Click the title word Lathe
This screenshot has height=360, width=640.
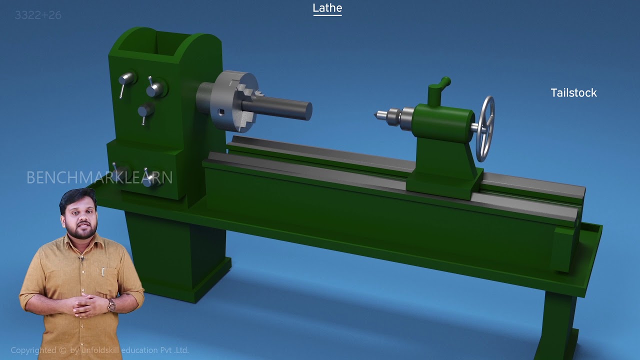coord(327,8)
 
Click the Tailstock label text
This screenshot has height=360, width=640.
coord(573,93)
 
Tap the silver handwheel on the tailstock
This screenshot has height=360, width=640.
coord(485,128)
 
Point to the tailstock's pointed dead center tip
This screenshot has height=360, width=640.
coord(376,115)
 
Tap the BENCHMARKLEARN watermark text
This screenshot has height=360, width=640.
coord(99,177)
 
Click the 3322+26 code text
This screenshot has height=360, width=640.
coord(38,15)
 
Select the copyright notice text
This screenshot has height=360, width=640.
coord(99,350)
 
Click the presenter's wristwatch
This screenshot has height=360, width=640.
coord(111,305)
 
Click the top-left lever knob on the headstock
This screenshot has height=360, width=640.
coord(126,79)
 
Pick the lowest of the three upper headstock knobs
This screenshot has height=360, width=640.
coord(145,110)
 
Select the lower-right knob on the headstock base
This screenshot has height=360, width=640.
coord(151,179)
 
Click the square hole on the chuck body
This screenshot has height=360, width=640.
coord(221,112)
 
